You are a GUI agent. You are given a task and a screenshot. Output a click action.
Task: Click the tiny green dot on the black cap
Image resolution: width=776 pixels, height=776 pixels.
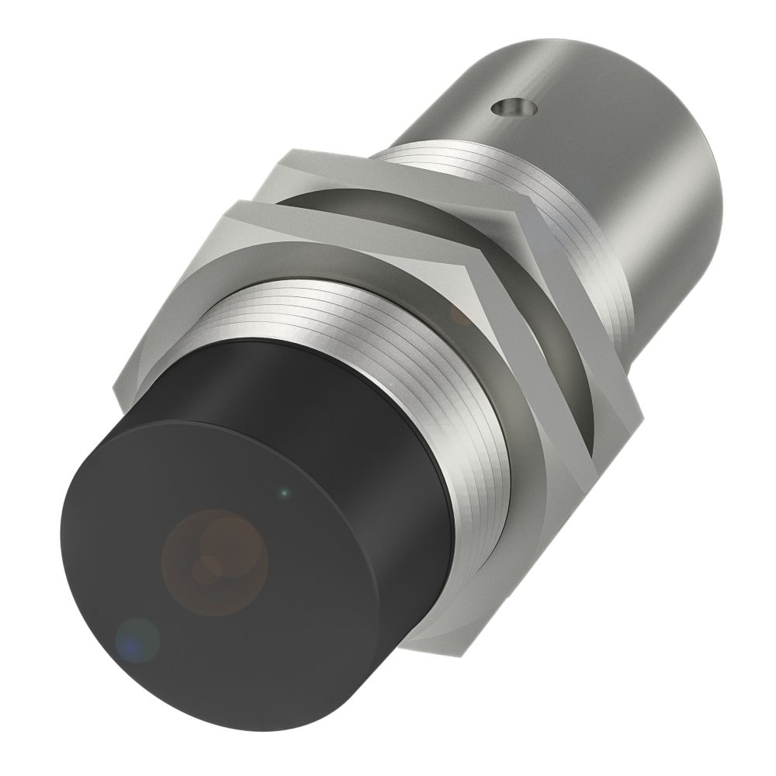[285, 491]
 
